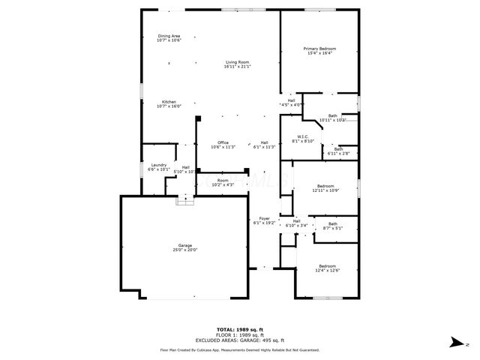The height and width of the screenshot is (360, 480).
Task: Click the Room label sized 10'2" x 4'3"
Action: click(223, 182)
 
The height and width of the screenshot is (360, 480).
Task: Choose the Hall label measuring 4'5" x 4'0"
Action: click(291, 102)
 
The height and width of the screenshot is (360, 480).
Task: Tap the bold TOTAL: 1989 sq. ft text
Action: click(240, 329)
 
